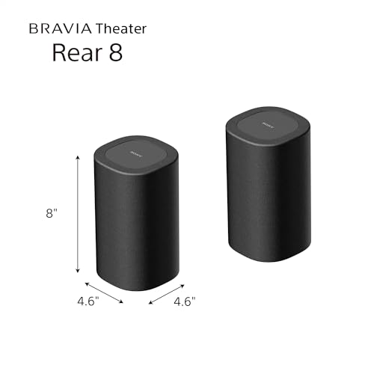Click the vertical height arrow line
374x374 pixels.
[77, 213]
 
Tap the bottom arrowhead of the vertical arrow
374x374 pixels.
[77, 272]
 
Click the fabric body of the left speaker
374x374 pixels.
[135, 224]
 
